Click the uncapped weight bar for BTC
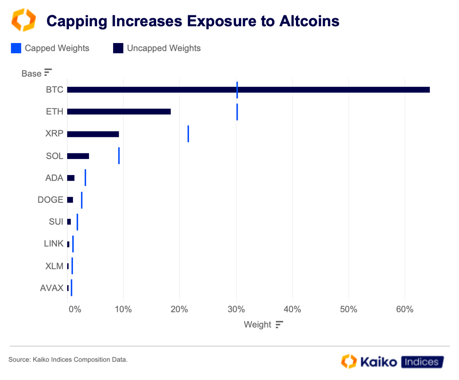(248, 90)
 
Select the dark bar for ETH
(119, 111)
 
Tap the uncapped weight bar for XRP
(93, 134)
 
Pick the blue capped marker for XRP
(188, 134)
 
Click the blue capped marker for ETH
(237, 112)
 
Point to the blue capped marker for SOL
(119, 156)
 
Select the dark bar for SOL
(78, 156)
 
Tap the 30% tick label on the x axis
(236, 309)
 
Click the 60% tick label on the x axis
(405, 309)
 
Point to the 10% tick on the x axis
(123, 309)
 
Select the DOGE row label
(50, 200)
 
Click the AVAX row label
(52, 288)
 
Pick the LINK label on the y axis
(54, 244)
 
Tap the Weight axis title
(257, 325)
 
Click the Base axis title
(32, 74)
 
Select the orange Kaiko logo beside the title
(23, 20)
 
